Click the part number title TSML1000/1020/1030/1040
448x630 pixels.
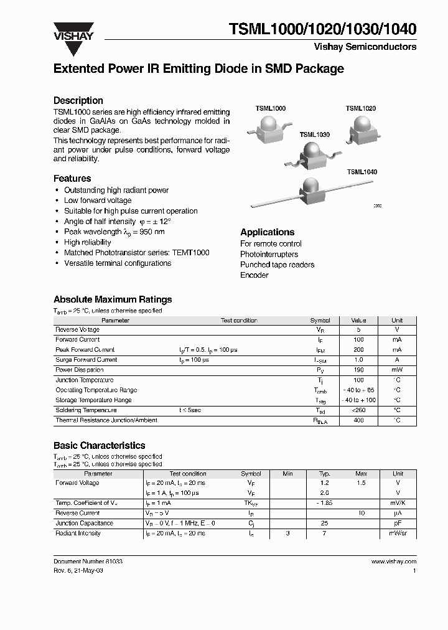click(x=323, y=29)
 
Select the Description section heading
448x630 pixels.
click(x=78, y=100)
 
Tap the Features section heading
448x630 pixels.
click(x=72, y=178)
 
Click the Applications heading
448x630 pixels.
click(x=267, y=232)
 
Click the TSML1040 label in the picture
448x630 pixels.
click(x=362, y=172)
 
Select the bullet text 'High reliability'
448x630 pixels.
click(x=87, y=242)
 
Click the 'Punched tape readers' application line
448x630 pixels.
click(x=277, y=265)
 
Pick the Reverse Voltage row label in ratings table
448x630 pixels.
click(x=77, y=330)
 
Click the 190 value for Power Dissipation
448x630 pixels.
click(x=358, y=370)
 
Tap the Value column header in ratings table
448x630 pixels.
click(x=358, y=320)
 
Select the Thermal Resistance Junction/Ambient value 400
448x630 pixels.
click(x=358, y=421)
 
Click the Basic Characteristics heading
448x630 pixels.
click(x=99, y=446)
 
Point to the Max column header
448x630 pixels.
click(x=361, y=474)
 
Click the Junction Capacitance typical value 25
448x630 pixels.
click(x=324, y=524)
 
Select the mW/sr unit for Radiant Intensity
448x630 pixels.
click(x=398, y=534)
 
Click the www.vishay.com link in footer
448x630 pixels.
click(x=393, y=562)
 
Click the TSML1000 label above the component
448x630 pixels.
click(x=271, y=108)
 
